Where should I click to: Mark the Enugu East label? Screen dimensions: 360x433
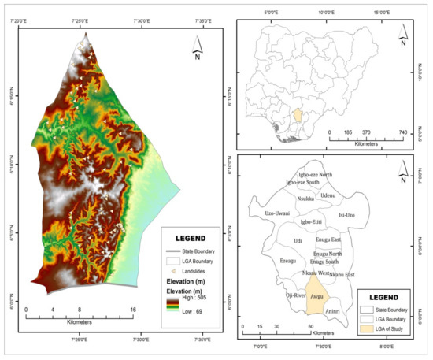[325, 239]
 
